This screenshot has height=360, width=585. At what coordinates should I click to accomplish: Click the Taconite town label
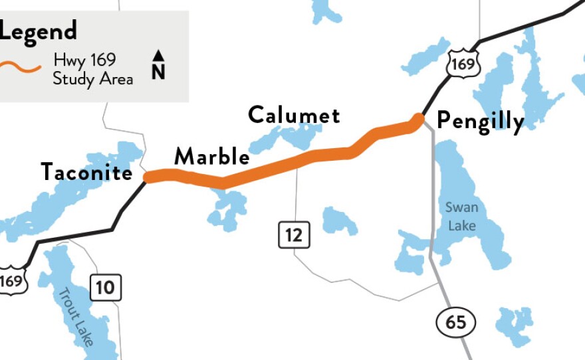[x=86, y=172]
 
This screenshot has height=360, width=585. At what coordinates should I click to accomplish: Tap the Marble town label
[x=211, y=157]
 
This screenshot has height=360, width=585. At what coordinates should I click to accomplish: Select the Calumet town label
[x=294, y=115]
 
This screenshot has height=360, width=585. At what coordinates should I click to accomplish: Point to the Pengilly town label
[x=480, y=121]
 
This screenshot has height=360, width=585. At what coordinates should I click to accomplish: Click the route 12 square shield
[x=294, y=234]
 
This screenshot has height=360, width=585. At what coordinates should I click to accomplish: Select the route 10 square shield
[x=105, y=288]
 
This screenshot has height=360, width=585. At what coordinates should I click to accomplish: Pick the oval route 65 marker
[x=456, y=323]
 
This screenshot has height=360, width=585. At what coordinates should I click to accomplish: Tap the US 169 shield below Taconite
[x=11, y=281]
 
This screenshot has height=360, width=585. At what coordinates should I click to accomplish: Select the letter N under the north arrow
[x=158, y=72]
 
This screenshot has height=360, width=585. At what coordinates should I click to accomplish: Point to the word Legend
[x=39, y=31]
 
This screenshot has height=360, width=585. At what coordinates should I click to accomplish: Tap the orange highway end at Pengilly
[x=418, y=119]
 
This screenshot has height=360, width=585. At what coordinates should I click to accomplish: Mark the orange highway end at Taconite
[x=148, y=177]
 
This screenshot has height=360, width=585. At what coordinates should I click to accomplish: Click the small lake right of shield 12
[x=338, y=221]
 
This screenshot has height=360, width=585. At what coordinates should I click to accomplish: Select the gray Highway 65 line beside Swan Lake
[x=433, y=199]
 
